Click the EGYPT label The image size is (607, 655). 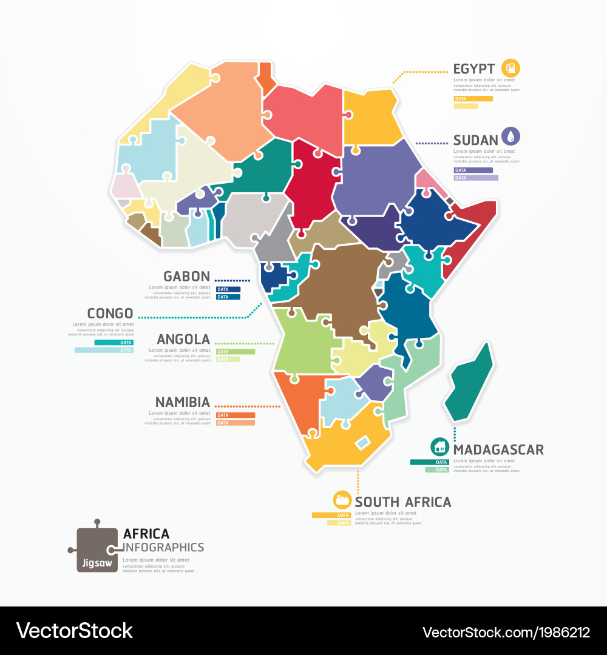pos(474,69)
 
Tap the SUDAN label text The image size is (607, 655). pos(475,140)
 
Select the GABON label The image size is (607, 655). pos(186,277)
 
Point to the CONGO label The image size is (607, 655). pos(110,314)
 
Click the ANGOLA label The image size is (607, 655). pos(183,340)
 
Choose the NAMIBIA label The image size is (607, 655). pos(183,402)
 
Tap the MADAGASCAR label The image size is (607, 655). pos(498,450)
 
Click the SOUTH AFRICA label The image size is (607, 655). pos(403,502)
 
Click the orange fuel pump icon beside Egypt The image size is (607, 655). pos(511,68)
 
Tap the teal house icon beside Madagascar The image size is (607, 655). pos(440,448)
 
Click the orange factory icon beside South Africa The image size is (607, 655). pos(342,500)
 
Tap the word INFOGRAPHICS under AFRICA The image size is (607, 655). pos(163,548)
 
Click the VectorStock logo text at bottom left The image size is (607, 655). pos(74,631)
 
